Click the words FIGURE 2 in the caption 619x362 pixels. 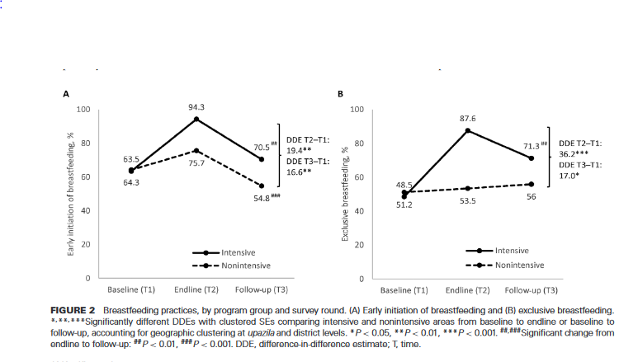85,308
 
